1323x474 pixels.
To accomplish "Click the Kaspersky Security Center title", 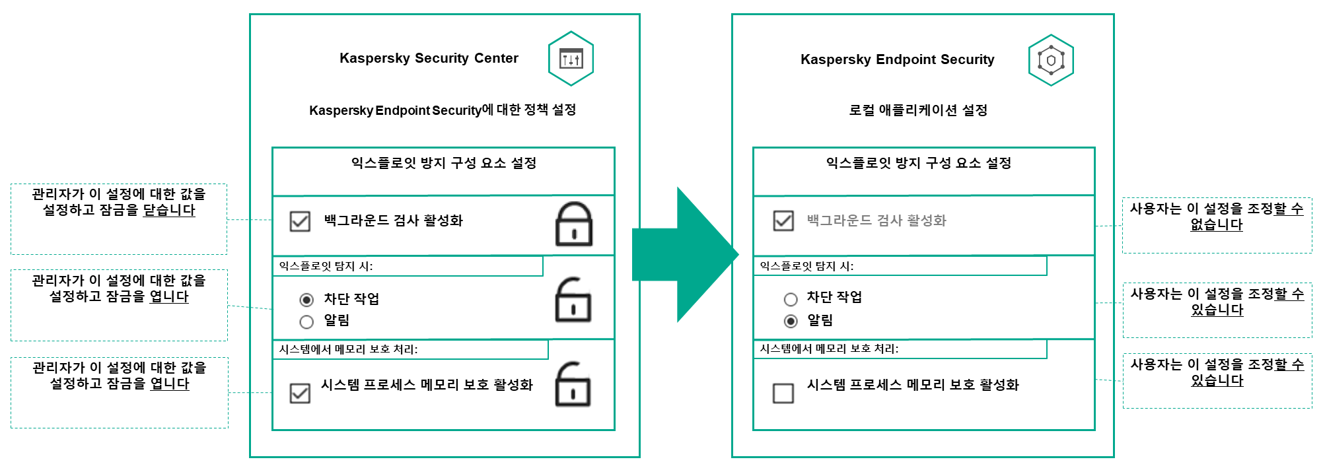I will (x=429, y=58).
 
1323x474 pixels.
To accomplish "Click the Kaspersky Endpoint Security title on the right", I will (x=897, y=59).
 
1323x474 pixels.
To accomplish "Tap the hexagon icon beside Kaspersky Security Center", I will (x=571, y=59).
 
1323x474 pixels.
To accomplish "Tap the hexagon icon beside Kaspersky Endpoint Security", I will (x=1051, y=60).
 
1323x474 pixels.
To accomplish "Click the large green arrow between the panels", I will (x=687, y=255).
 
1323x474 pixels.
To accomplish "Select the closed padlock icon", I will (x=573, y=224).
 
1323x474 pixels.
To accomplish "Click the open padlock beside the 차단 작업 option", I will (x=573, y=300).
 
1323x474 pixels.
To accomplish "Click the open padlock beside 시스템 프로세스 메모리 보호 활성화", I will (x=573, y=384).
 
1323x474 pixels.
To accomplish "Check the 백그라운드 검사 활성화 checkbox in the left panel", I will (x=300, y=221).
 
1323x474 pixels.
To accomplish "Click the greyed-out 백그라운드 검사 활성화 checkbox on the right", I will (x=783, y=220).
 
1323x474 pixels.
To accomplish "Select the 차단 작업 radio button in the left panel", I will (x=306, y=300).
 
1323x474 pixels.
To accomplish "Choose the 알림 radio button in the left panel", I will (x=306, y=322).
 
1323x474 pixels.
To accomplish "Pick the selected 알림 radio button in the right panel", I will (x=791, y=321).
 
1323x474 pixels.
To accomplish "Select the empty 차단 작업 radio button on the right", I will (x=791, y=299).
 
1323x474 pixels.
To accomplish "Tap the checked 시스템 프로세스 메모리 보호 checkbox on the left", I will (x=300, y=393).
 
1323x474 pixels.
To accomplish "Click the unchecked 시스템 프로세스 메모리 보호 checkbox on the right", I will (x=783, y=393).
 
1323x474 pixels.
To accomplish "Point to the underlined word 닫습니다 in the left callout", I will (x=169, y=211).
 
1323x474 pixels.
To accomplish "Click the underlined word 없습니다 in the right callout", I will (x=1217, y=225).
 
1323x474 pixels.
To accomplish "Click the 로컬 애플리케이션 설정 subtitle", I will (x=917, y=110).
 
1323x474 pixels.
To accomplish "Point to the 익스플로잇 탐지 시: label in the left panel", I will (x=326, y=266).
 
